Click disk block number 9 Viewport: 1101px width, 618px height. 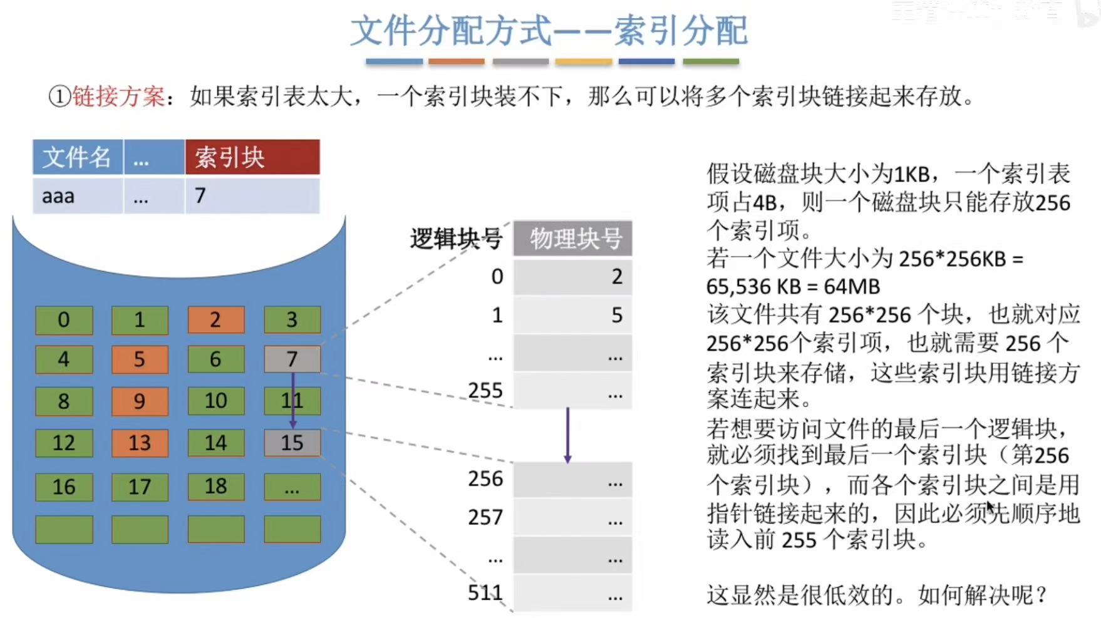[140, 401]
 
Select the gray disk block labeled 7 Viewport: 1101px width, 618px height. [292, 359]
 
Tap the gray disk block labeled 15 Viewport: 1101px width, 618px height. [292, 443]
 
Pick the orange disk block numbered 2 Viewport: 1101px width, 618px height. [215, 320]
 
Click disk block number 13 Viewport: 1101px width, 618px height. [140, 443]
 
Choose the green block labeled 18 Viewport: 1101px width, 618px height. [215, 487]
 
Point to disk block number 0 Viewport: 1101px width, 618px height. [64, 320]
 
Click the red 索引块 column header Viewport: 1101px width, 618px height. [252, 157]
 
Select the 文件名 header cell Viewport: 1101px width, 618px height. [77, 157]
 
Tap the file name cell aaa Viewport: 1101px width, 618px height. [77, 196]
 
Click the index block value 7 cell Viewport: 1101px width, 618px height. [252, 196]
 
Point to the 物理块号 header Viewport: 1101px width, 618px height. [572, 239]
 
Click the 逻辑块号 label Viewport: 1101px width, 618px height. [456, 239]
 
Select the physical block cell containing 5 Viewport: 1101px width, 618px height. [572, 315]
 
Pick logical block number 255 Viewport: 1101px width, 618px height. [485, 391]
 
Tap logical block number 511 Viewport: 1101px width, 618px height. [485, 592]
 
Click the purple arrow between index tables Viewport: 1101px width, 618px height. [567, 435]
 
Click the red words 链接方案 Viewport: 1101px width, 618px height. [118, 96]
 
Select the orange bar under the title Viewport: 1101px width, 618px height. [457, 61]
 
